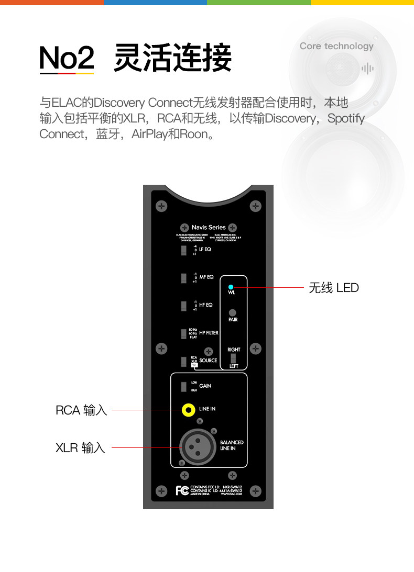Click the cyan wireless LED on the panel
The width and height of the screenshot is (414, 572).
coord(231,287)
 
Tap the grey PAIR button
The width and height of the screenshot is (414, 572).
coord(232,312)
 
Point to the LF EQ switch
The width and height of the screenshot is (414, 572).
coord(184,251)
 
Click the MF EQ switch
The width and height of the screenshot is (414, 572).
coord(184,277)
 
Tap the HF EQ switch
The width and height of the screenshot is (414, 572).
coord(184,305)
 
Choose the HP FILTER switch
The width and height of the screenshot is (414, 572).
coord(184,333)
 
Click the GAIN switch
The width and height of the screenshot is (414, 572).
coord(184,387)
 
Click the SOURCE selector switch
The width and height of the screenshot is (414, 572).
coord(184,361)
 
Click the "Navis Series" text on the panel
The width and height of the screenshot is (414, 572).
coord(209,228)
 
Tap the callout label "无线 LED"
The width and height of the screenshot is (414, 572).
coord(334,287)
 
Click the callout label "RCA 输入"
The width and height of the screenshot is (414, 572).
coord(81,410)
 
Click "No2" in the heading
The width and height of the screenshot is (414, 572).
coord(67,58)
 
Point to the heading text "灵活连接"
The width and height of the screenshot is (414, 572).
coord(172,58)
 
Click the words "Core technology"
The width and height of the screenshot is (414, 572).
coord(336,46)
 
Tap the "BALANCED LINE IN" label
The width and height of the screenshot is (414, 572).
coord(231,445)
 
